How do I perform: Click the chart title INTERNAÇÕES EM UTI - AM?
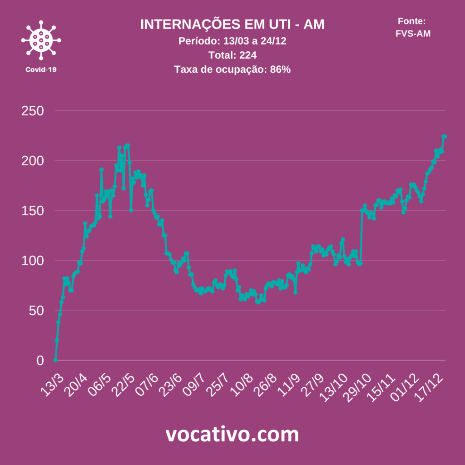click(232, 25)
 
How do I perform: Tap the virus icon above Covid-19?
click(41, 40)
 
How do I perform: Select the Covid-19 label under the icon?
click(41, 69)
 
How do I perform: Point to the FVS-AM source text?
click(413, 33)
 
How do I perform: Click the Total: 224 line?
click(232, 55)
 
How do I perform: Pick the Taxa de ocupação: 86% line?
click(232, 69)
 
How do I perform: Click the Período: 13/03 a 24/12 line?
click(232, 41)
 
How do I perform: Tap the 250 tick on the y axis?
click(32, 111)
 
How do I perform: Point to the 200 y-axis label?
click(32, 161)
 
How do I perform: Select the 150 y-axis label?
click(32, 211)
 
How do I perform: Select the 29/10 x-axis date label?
click(360, 387)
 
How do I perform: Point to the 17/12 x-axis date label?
click(431, 387)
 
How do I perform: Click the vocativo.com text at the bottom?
click(232, 435)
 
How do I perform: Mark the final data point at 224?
click(445, 136)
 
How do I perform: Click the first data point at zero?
click(55, 360)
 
